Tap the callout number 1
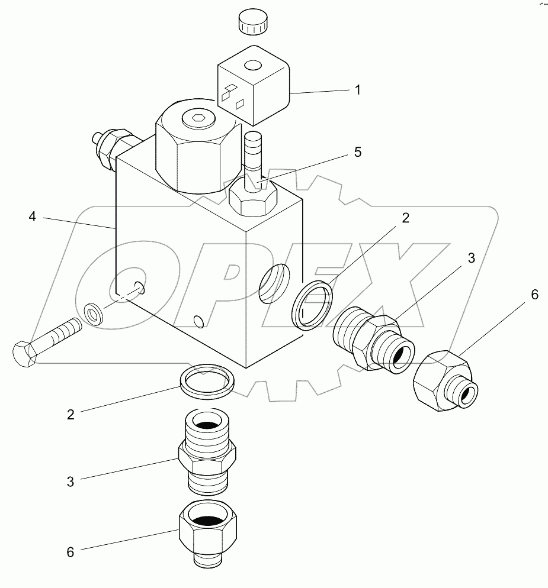357,90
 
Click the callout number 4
33,217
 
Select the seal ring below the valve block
207,382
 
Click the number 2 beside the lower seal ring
70,414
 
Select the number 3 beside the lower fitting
70,482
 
